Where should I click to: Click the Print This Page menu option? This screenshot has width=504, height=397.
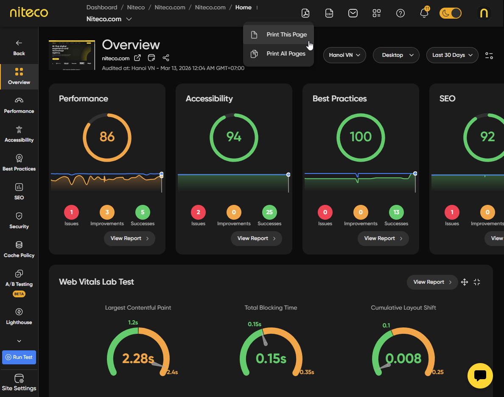[286, 35]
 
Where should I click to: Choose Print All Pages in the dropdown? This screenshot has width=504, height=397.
[286, 54]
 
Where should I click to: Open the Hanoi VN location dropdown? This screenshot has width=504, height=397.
[344, 55]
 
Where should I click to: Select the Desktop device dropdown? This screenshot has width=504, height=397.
[396, 55]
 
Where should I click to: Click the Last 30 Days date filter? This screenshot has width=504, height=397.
[452, 55]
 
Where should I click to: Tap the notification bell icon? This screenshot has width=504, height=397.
[424, 13]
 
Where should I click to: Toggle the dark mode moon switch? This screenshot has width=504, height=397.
[450, 13]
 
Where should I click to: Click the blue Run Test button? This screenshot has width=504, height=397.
[19, 357]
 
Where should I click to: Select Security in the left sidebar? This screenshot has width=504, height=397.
[19, 221]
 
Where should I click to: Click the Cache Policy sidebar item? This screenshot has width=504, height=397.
[19, 249]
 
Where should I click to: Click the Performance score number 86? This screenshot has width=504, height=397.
[107, 137]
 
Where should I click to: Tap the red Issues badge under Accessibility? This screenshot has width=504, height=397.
[198, 212]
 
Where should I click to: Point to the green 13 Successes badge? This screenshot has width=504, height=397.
[396, 212]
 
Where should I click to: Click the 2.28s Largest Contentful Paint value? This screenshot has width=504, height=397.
[138, 359]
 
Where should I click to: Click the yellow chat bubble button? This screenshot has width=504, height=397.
[480, 375]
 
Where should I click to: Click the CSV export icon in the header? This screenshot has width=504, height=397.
[329, 13]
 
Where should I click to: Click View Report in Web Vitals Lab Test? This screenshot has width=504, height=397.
[432, 282]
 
